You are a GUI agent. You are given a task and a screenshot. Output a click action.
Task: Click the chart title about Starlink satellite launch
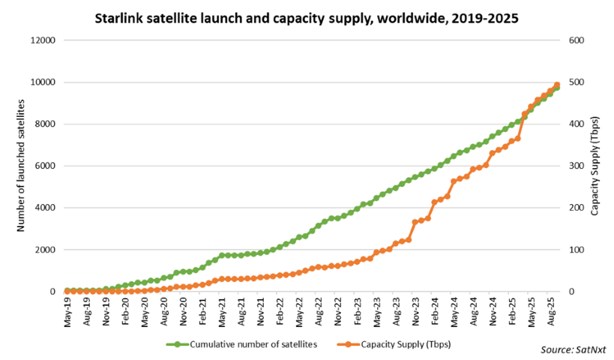coord(307,16)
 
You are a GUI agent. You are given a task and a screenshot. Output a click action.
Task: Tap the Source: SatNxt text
coord(573,349)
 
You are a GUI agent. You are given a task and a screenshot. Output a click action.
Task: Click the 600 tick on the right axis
coord(576,40)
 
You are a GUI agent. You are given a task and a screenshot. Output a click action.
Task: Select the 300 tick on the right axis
coord(576,166)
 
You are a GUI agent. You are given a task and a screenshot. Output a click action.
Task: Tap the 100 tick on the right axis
coord(576,250)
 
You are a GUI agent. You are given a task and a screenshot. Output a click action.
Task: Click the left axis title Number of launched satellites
coord(21,165)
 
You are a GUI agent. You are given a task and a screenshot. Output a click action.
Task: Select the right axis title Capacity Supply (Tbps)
coord(596,166)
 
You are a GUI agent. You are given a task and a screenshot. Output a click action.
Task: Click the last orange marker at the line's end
coord(557,85)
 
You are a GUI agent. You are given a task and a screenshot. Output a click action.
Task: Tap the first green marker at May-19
coord(67,290)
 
